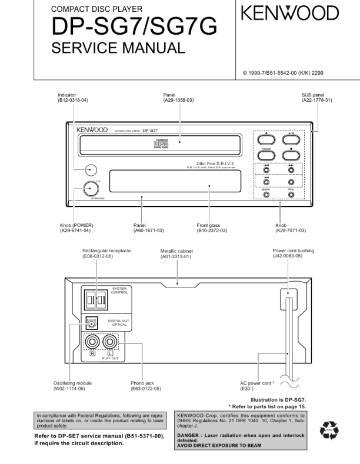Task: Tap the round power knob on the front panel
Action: [89, 189]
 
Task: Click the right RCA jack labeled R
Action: [94, 342]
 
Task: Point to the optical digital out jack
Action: [92, 322]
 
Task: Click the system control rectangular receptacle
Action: [94, 300]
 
